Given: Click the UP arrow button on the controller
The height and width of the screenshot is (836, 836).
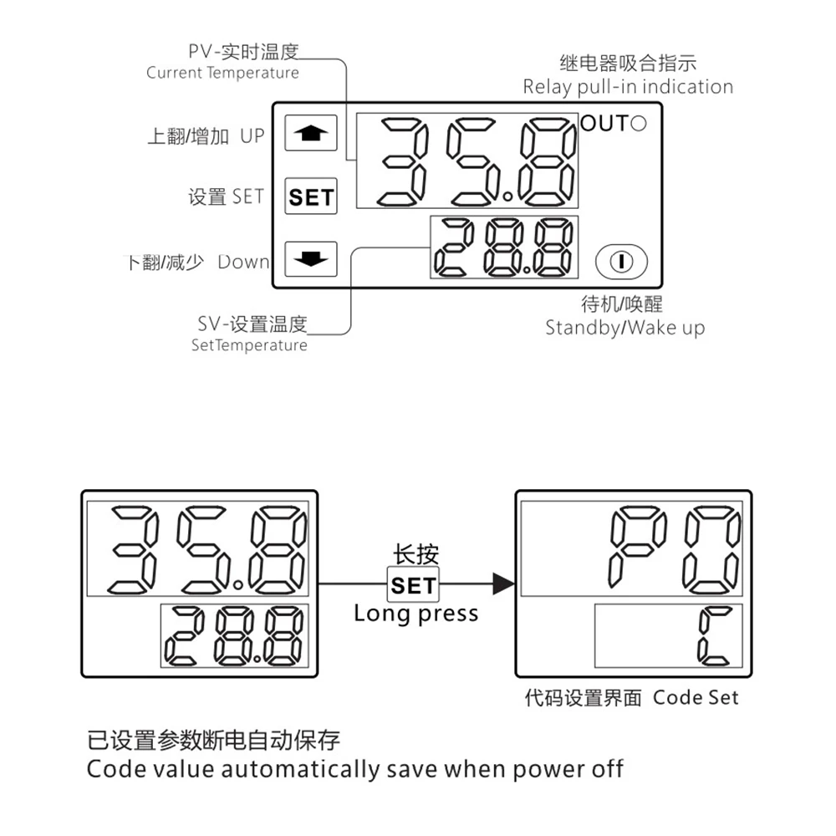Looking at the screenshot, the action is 310,133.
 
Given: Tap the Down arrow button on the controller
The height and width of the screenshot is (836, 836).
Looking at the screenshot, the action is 310,258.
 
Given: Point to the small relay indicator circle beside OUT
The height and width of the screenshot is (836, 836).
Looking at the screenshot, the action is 638,124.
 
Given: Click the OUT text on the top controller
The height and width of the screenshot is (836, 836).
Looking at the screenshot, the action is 603,124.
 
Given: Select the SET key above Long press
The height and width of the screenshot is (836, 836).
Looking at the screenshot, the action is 414,584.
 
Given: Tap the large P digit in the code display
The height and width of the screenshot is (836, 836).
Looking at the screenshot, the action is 639,548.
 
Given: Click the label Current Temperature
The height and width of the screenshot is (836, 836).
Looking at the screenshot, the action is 222,73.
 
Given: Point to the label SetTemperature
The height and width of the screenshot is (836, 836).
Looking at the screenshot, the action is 249,345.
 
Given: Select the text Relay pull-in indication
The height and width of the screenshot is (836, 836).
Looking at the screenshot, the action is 628,87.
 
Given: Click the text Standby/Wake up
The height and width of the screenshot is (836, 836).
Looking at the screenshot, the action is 624,327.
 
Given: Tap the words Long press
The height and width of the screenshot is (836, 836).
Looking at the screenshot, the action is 415,613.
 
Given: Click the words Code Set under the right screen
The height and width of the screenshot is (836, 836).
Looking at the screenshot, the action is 696,697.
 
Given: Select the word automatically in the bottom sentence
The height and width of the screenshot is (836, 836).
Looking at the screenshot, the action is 302,768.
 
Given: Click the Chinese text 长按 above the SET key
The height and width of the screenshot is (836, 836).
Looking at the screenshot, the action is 415,554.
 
